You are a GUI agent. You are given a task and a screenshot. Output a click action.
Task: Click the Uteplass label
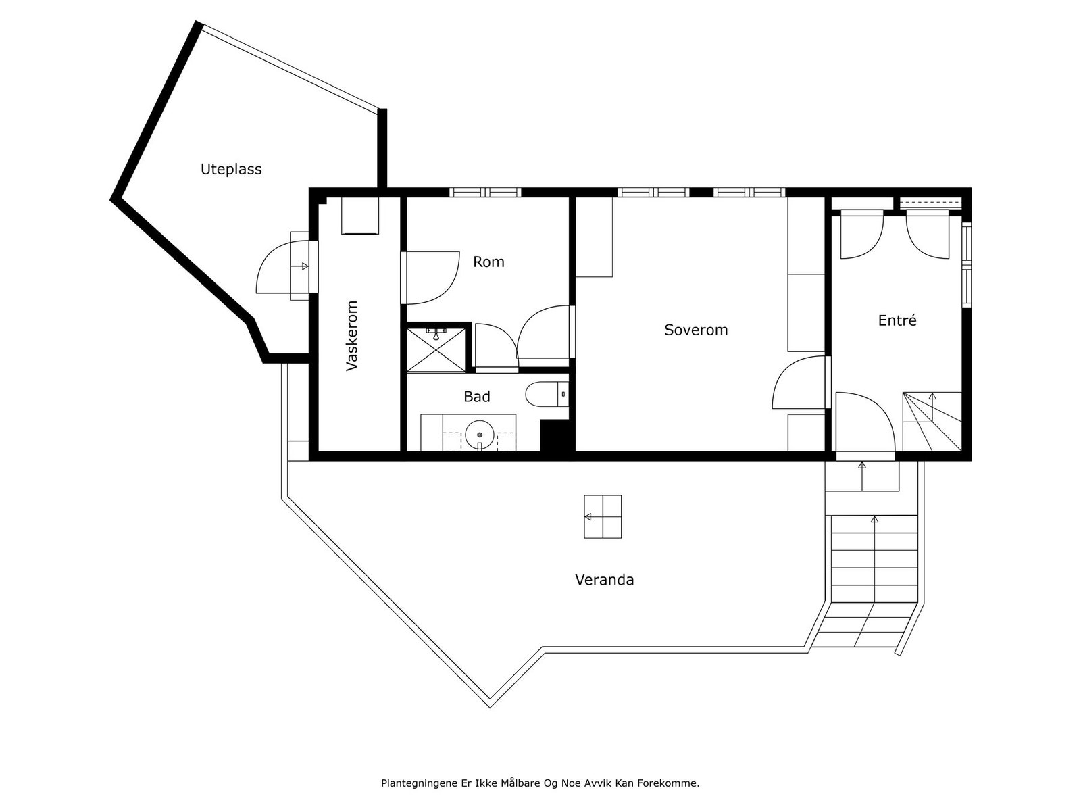pyautogui.click(x=231, y=169)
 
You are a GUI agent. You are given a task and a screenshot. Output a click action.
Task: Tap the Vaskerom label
pyautogui.click(x=351, y=335)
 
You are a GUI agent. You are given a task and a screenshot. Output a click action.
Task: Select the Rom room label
pyautogui.click(x=488, y=262)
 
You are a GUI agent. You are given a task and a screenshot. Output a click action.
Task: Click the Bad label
pyautogui.click(x=476, y=397)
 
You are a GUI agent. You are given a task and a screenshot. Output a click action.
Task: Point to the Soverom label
pyautogui.click(x=696, y=330)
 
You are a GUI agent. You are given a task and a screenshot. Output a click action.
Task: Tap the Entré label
pyautogui.click(x=897, y=320)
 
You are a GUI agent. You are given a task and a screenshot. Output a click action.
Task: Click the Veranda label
pyautogui.click(x=604, y=579)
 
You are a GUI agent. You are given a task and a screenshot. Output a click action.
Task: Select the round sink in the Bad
pyautogui.click(x=480, y=433)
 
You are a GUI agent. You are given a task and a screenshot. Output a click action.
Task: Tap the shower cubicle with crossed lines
pyautogui.click(x=436, y=350)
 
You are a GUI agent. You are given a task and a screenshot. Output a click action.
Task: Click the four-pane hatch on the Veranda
pyautogui.click(x=603, y=516)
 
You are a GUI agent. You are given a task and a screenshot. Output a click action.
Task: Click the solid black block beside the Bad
pyautogui.click(x=557, y=436)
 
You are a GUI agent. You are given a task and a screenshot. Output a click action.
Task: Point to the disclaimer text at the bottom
pyautogui.click(x=540, y=784)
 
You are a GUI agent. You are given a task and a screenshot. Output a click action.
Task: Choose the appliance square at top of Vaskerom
pyautogui.click(x=360, y=216)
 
